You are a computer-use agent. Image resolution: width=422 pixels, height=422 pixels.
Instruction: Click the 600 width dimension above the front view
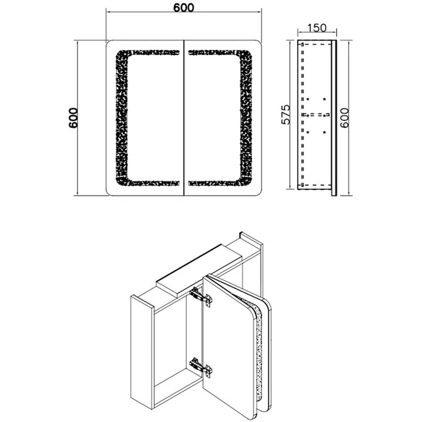pos(184,7)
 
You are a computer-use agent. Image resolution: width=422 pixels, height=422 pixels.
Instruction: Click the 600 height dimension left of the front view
pos(73,118)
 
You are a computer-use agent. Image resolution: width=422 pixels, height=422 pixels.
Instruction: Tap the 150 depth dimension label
pos(317,28)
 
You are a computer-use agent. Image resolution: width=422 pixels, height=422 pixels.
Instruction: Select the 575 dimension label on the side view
pos(286,114)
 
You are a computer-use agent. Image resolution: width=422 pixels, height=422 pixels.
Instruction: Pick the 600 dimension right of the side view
pos(344,118)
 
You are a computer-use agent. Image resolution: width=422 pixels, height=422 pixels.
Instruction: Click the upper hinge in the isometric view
pos(201,296)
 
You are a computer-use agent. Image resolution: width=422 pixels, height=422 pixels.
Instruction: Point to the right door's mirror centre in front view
pos(215,118)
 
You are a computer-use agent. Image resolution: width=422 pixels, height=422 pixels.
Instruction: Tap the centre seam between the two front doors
pos(184,118)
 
